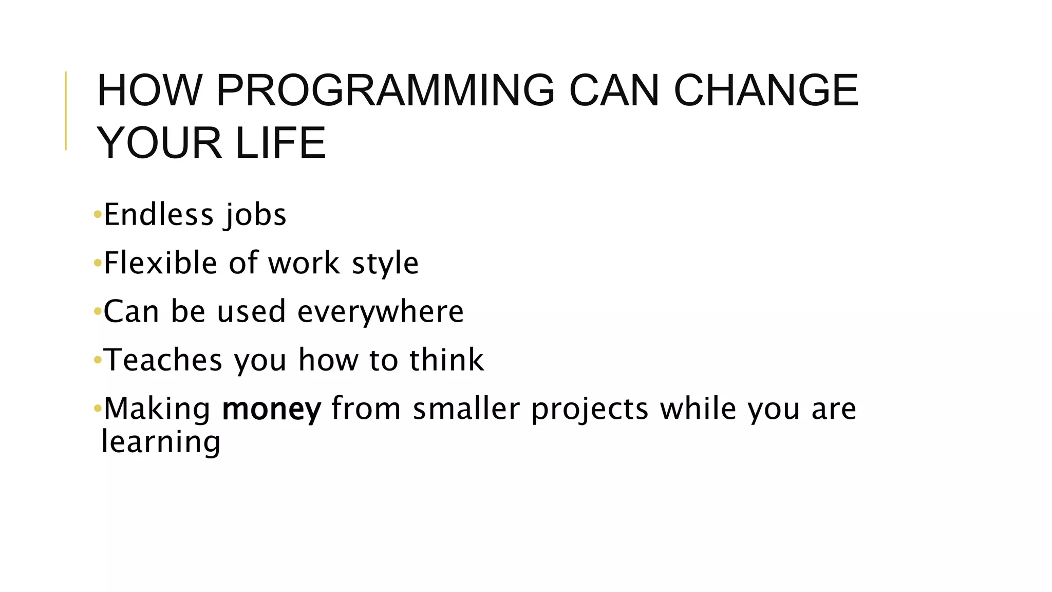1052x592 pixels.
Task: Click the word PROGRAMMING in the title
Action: (x=385, y=90)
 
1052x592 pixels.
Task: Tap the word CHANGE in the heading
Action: (x=765, y=90)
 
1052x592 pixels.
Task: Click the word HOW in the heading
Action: (x=149, y=90)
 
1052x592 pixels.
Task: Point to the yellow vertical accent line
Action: (x=66, y=110)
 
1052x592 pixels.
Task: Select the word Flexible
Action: (x=160, y=263)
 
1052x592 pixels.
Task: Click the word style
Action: (x=385, y=263)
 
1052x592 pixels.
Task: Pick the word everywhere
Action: (x=381, y=312)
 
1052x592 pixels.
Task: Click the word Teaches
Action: (x=163, y=360)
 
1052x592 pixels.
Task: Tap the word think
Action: (x=446, y=360)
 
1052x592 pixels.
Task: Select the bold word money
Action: (x=271, y=409)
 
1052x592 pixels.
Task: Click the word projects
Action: (x=590, y=409)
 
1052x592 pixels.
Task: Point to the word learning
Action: (x=161, y=442)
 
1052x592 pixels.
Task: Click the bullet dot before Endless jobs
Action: (x=98, y=215)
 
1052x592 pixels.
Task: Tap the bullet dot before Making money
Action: (x=98, y=409)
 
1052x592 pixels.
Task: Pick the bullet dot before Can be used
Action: (x=98, y=312)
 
